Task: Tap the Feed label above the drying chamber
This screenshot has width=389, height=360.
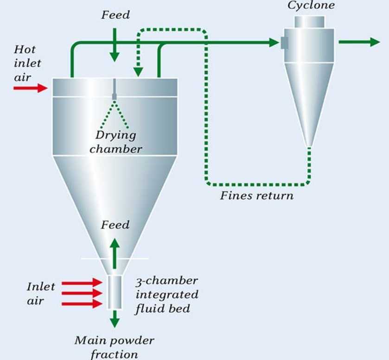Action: click(x=115, y=15)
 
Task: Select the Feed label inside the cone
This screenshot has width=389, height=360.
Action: click(x=115, y=225)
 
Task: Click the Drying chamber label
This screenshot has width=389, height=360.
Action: click(x=116, y=142)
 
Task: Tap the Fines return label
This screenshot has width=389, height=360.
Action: click(x=256, y=195)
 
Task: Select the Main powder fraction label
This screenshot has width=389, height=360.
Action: click(x=115, y=347)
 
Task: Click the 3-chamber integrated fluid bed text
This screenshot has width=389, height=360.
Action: click(x=166, y=295)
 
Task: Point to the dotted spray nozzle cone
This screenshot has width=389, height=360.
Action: click(x=115, y=114)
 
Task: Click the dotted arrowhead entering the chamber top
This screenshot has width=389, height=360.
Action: click(x=138, y=71)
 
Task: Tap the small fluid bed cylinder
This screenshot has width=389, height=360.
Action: click(x=115, y=292)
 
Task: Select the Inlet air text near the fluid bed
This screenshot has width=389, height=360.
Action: click(x=40, y=294)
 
